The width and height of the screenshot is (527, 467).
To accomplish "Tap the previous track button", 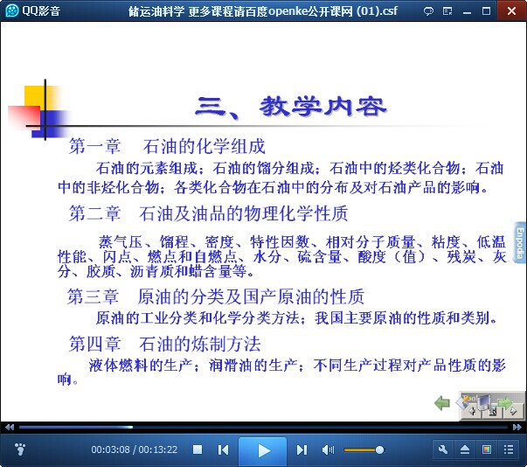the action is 223,450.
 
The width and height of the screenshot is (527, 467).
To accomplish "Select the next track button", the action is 302,450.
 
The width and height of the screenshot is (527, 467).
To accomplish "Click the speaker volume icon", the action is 328,450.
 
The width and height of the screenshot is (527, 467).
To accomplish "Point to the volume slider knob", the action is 379,450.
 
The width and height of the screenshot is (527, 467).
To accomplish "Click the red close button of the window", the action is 511,10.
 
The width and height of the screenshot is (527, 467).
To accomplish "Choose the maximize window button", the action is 486,11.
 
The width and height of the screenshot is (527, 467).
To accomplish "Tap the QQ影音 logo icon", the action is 12,10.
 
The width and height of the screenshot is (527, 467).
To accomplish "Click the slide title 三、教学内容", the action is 290,107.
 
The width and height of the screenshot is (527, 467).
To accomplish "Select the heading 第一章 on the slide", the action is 94,146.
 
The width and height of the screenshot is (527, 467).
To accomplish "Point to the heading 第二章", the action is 94,213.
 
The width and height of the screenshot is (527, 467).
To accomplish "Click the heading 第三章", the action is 94,296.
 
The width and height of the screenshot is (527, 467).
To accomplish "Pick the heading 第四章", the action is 94,344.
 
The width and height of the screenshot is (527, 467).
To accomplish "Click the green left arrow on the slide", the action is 442,402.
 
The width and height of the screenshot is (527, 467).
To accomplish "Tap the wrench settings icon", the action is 443,450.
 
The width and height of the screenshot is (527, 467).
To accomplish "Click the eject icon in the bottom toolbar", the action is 465,450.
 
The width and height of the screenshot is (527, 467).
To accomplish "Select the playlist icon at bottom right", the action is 509,450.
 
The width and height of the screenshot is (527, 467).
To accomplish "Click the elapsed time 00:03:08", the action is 110,450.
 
